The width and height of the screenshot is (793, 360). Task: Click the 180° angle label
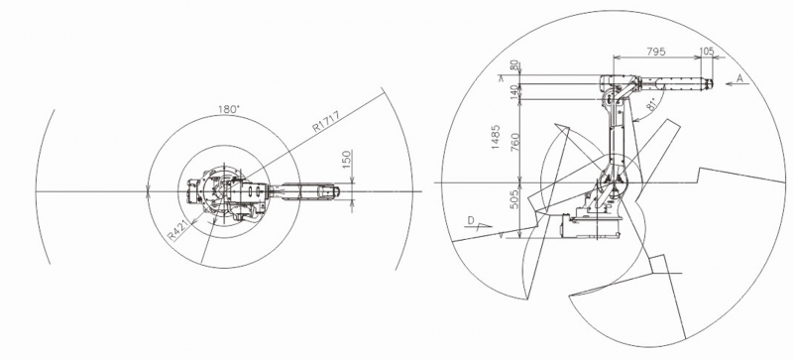[x=228, y=109]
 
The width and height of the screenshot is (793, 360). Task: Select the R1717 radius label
[x=326, y=122]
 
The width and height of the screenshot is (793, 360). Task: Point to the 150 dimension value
[x=346, y=160]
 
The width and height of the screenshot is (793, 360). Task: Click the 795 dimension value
[x=656, y=52]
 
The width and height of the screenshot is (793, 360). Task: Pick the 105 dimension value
[x=706, y=52]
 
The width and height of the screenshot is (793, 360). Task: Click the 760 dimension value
[x=514, y=143]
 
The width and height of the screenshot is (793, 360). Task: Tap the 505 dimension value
[x=514, y=200]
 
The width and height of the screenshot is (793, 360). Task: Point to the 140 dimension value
[x=514, y=91]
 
